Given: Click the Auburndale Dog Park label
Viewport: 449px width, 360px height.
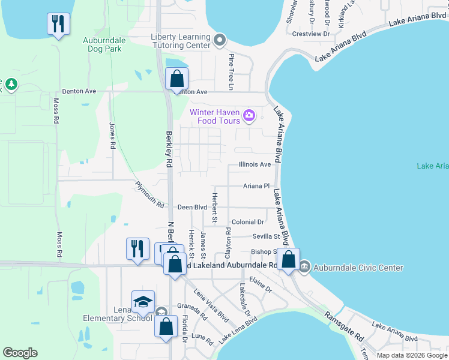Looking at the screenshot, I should [104, 45].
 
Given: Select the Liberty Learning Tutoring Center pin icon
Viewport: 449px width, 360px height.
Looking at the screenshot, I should [220, 41].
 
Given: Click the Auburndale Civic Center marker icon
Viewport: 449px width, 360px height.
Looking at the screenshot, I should [304, 266].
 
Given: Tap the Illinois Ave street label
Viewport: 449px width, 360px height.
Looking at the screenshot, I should [255, 164].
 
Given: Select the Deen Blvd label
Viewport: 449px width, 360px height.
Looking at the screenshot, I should [192, 207].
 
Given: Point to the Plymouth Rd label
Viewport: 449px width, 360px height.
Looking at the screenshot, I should [149, 194].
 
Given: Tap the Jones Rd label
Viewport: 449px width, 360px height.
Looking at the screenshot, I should [112, 136].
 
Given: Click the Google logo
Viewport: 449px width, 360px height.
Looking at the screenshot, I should [20, 353].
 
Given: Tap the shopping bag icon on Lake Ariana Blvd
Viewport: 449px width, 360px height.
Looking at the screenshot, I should [289, 260].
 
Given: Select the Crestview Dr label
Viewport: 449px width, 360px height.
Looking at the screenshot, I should [311, 34].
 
